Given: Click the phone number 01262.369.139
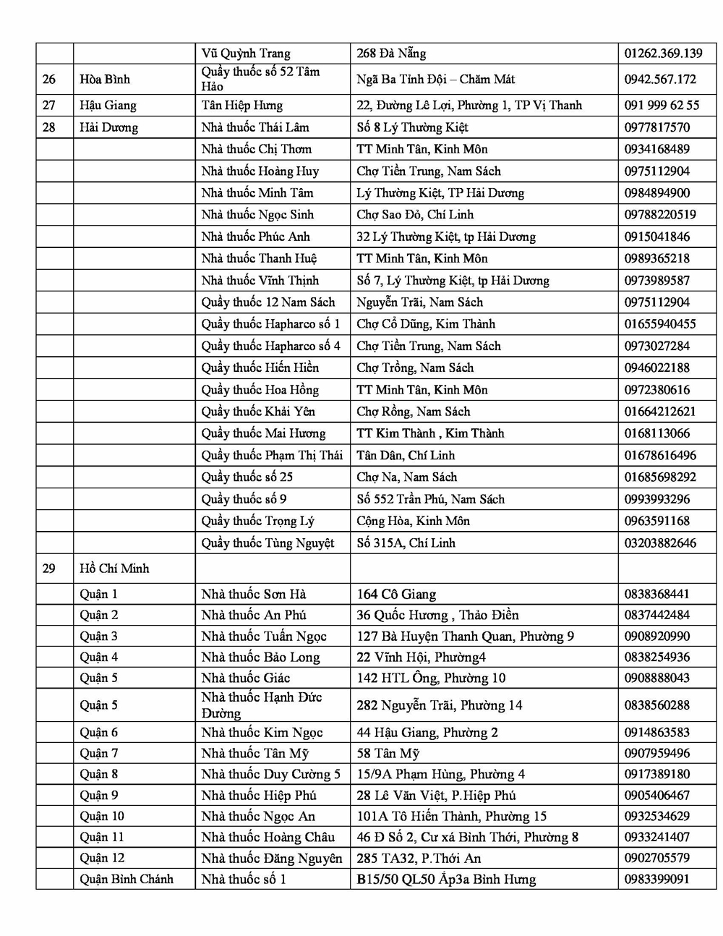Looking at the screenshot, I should pyautogui.click(x=663, y=54).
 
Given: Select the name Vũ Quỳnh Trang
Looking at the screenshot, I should pyautogui.click(x=245, y=54).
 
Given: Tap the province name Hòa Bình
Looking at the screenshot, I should pyautogui.click(x=105, y=79).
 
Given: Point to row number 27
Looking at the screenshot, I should pyautogui.click(x=48, y=105).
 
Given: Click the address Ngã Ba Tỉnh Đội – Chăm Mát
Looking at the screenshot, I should pyautogui.click(x=435, y=79).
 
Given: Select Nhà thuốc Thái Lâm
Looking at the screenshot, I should pyautogui.click(x=254, y=127).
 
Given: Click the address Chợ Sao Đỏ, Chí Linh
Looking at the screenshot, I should pyautogui.click(x=416, y=215).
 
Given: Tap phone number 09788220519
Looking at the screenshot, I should pyautogui.click(x=660, y=215).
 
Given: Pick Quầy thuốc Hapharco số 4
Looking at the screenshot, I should pyautogui.click(x=270, y=346).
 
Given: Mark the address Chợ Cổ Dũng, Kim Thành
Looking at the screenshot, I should pyautogui.click(x=426, y=324).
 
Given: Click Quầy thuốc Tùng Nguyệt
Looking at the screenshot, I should pyautogui.click(x=268, y=543).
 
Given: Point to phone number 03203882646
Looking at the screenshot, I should pyautogui.click(x=660, y=543).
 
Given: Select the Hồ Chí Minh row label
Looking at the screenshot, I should pyautogui.click(x=114, y=569).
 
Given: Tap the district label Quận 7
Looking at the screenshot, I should pyautogui.click(x=98, y=753).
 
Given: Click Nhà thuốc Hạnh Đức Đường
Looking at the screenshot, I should pyautogui.click(x=261, y=705).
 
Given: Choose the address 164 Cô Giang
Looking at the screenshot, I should pyautogui.click(x=396, y=595).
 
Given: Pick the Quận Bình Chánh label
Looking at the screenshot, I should pyautogui.click(x=127, y=880).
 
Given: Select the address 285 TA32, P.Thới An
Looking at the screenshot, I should pyautogui.click(x=419, y=859).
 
